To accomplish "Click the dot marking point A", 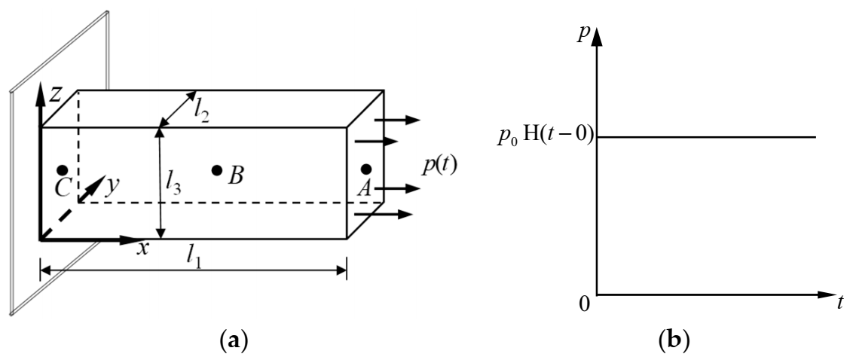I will point(366,169).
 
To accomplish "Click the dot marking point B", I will point(217,170).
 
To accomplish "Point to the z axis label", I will point(54,93).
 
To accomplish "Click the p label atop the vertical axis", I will point(582,33).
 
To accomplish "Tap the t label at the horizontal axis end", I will point(839,304).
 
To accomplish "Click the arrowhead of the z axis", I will point(39,88).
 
